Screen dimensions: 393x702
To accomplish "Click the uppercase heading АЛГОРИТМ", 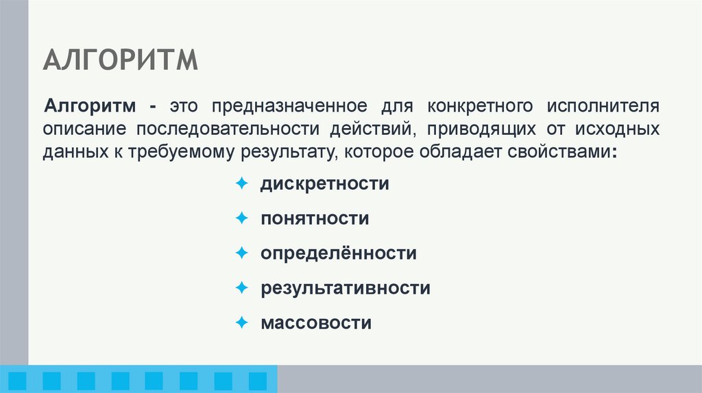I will tap(120, 61).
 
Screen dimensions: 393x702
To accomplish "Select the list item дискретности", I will tap(324, 184).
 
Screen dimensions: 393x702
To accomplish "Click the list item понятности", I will tap(315, 219).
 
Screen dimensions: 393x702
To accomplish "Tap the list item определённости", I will tap(338, 253).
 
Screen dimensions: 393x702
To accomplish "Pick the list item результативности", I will tap(345, 288).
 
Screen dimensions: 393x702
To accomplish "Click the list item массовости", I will tap(315, 322).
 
